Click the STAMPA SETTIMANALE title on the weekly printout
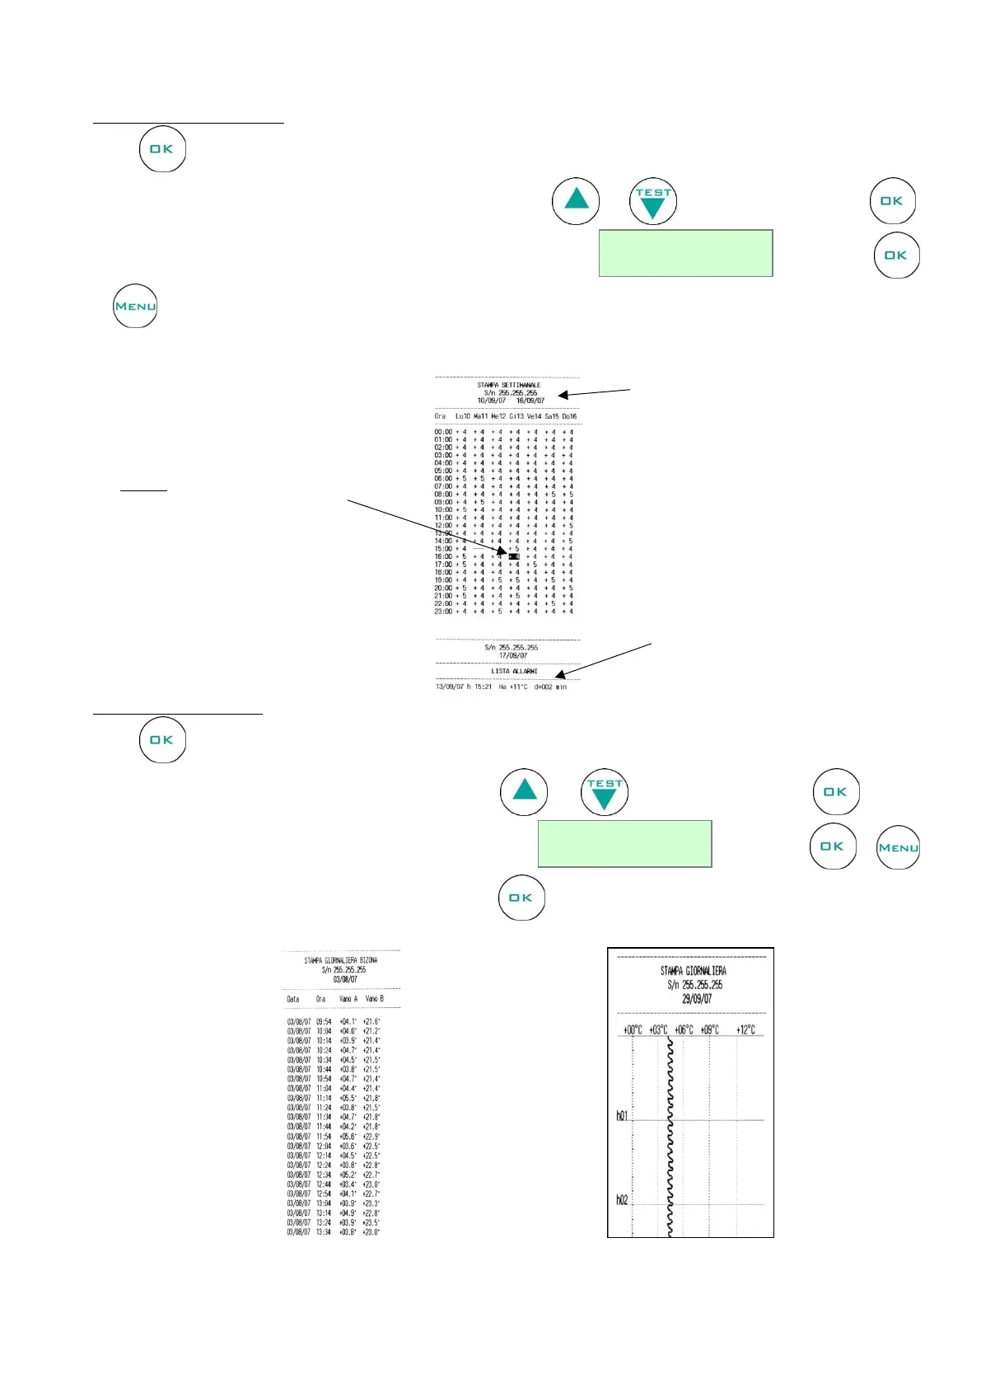click(508, 385)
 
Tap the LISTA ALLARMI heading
click(514, 671)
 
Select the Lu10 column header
click(463, 416)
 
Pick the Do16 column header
click(569, 416)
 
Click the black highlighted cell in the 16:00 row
click(514, 556)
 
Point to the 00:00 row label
click(443, 432)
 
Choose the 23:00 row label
click(443, 612)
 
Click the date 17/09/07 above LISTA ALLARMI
click(512, 656)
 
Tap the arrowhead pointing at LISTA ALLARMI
click(559, 676)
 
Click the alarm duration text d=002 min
click(550, 687)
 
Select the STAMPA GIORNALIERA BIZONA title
click(340, 960)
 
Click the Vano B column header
click(374, 999)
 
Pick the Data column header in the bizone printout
click(293, 999)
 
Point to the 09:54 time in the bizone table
click(324, 1021)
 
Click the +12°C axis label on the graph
click(745, 1029)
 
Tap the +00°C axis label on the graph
click(633, 1029)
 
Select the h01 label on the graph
click(622, 1116)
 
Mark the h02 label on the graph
click(622, 1200)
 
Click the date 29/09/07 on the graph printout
click(696, 999)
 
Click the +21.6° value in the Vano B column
click(371, 1021)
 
